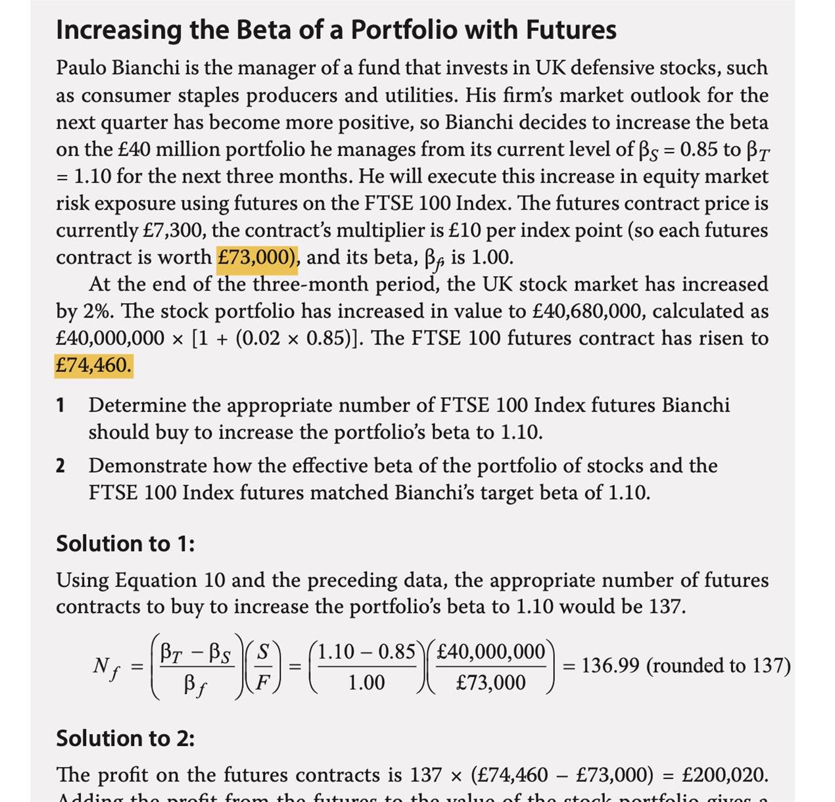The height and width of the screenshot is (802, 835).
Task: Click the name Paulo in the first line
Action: [82, 68]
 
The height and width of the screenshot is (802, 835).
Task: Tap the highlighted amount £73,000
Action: [257, 257]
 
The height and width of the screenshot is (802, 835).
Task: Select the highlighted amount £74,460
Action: [93, 366]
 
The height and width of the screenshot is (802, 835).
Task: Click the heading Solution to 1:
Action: [125, 544]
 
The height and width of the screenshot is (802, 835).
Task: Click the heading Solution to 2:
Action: [125, 738]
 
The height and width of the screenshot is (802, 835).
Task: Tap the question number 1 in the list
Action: [60, 406]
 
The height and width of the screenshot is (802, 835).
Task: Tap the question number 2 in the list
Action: [60, 466]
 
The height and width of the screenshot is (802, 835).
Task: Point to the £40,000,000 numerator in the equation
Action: [490, 651]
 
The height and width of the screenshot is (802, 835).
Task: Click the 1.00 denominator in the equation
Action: [366, 683]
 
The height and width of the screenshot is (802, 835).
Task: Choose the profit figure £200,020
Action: [724, 775]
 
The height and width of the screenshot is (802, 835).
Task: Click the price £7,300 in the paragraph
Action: [173, 230]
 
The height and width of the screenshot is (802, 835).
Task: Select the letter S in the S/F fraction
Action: [263, 651]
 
